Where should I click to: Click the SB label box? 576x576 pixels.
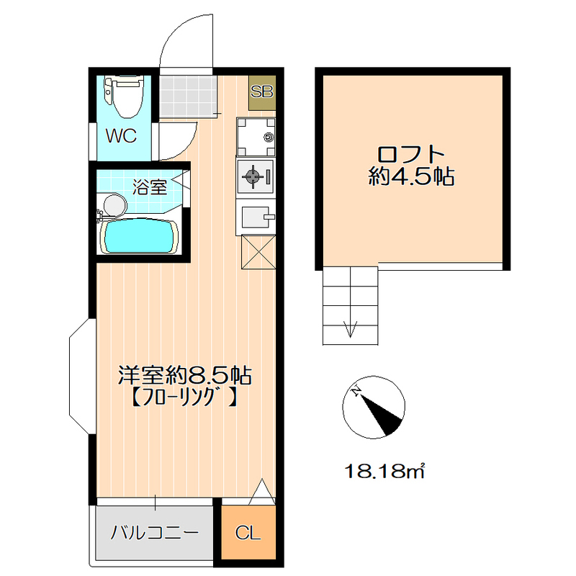(261, 92)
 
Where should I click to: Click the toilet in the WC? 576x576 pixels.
(124, 97)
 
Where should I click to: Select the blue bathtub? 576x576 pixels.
(139, 237)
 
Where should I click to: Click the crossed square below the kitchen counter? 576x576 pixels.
(258, 253)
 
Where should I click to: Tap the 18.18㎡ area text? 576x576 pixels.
(384, 472)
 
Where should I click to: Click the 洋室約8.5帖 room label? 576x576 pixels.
(184, 374)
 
